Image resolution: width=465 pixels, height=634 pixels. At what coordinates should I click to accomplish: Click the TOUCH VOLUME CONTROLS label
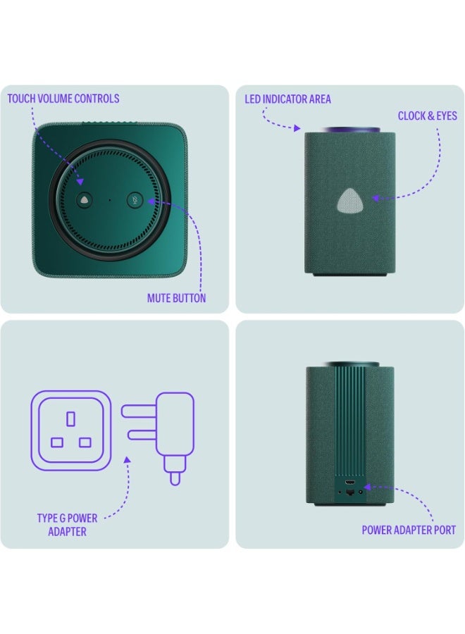pos(63,99)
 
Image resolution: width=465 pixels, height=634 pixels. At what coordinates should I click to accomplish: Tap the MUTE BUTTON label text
pos(176,298)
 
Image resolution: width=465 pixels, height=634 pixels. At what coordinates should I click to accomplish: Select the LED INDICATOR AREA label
pos(287,99)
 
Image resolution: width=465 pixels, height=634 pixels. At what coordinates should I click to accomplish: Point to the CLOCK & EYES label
pos(427,116)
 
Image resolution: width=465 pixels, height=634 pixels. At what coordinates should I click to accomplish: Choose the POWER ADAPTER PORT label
pos(409,530)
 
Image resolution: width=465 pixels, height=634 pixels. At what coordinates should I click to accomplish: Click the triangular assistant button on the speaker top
pos(84,200)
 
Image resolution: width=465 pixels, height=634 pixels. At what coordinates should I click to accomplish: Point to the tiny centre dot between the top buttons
pos(109,200)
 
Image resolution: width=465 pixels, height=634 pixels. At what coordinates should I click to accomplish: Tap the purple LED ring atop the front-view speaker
pos(350,130)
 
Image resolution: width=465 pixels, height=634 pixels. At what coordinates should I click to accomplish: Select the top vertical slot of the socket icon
pos(70,419)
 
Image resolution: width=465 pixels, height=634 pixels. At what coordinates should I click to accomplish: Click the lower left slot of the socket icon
pos(57,442)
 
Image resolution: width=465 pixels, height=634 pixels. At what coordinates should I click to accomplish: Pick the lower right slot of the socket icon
pos(85,442)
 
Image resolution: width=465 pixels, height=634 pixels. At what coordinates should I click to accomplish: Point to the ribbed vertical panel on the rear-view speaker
pos(350,423)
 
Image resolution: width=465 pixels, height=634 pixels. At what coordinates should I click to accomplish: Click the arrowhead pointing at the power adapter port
pos(366,487)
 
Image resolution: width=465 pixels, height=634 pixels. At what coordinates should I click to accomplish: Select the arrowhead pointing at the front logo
pos(376,199)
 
